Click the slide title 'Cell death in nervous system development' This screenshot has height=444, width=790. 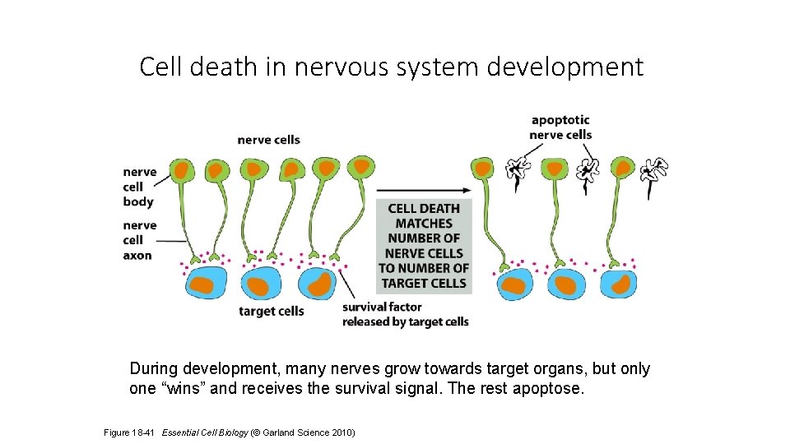(391, 67)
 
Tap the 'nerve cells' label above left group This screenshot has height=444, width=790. (268, 140)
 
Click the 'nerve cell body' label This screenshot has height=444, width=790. (139, 187)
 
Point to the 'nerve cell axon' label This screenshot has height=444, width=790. (139, 240)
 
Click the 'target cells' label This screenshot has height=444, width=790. (271, 312)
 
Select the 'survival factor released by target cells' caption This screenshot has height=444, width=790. (405, 315)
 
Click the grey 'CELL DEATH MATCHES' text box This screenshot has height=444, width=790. (424, 246)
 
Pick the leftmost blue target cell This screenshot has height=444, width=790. (207, 284)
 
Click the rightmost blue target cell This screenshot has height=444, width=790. (618, 284)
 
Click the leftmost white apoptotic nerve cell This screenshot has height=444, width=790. (518, 170)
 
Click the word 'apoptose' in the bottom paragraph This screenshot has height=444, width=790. (555, 389)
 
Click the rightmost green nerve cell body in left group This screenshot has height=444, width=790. (360, 168)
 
